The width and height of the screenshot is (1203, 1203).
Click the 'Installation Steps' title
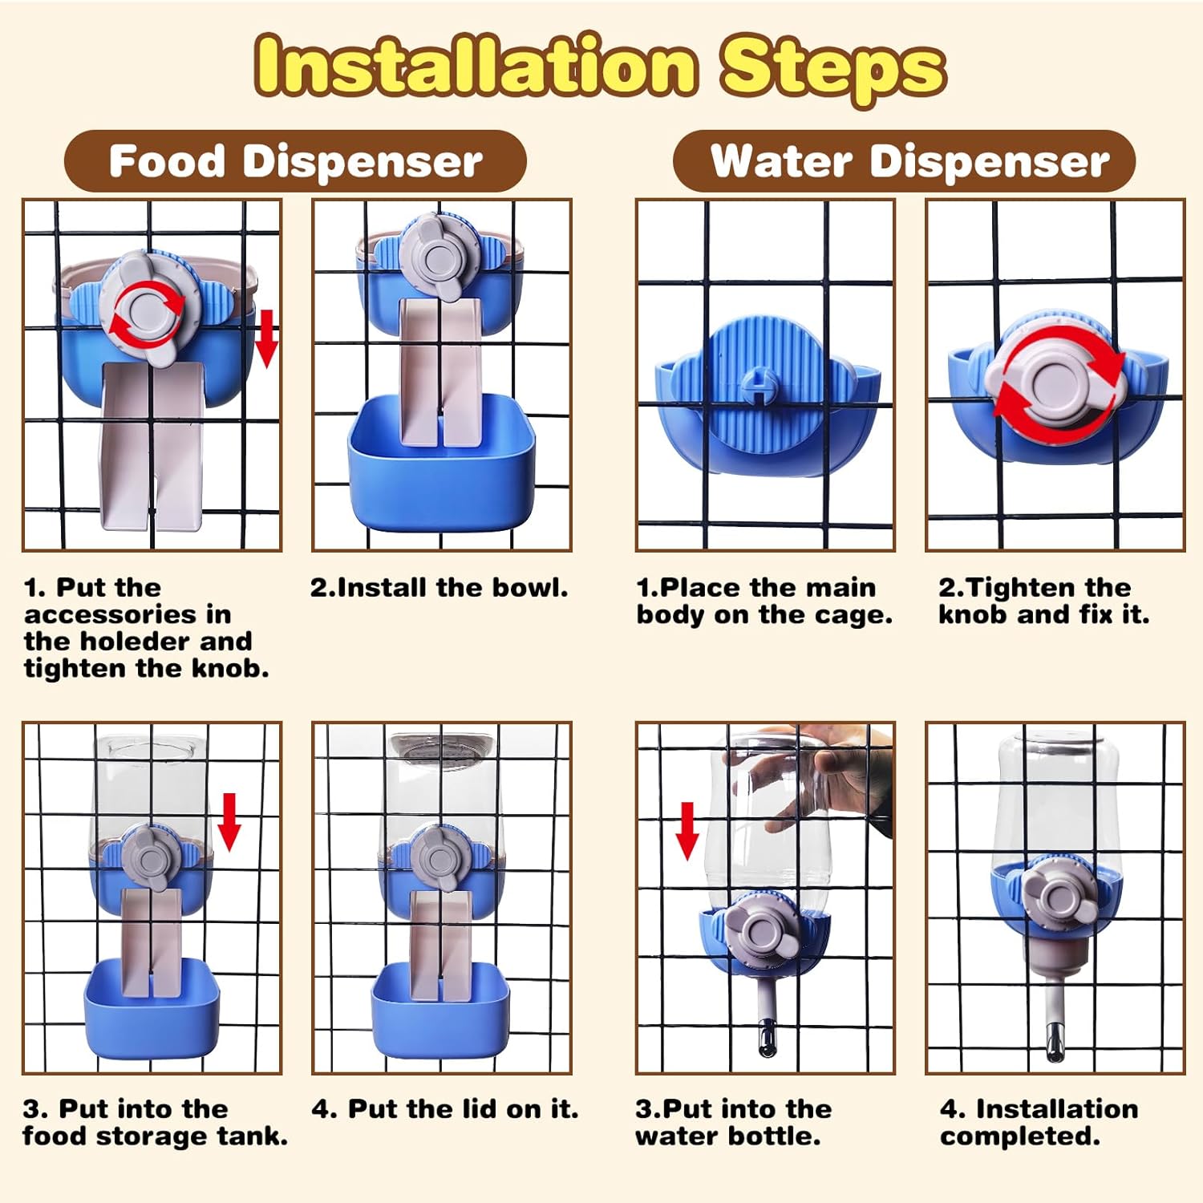601,67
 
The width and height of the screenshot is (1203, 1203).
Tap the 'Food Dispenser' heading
295,160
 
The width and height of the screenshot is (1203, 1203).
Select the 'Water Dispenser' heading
909,160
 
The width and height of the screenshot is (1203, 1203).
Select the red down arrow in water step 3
687,831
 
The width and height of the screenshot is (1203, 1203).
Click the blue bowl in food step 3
152,1007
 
